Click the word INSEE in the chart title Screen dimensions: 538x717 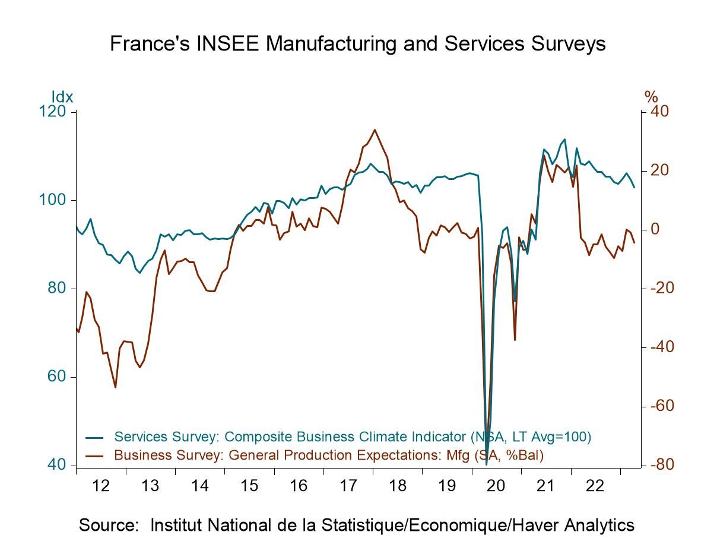(x=236, y=43)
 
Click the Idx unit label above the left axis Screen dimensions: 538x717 (x=62, y=97)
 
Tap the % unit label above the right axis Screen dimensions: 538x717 (x=651, y=97)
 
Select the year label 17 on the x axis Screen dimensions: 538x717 (x=348, y=486)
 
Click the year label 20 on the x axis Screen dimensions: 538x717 (x=496, y=486)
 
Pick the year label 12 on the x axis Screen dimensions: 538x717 (x=101, y=486)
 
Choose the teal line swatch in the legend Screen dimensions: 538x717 (x=94, y=438)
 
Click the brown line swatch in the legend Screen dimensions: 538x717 (x=94, y=456)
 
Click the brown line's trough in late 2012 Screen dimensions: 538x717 (x=115, y=388)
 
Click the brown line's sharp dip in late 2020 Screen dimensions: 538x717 (x=515, y=340)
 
